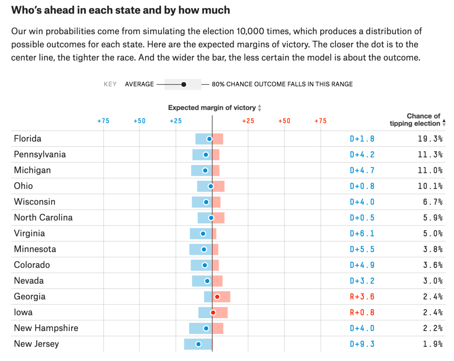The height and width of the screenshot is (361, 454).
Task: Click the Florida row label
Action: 28,139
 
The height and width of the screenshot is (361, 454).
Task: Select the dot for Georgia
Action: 217,297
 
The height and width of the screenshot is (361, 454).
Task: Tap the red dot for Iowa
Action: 213,312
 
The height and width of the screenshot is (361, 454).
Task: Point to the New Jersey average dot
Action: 198,344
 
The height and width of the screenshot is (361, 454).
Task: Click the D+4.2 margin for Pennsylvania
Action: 362,154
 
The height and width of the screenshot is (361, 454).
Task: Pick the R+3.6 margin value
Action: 362,297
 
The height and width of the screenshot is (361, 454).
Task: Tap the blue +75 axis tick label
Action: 103,121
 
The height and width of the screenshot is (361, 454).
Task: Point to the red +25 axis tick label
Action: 248,121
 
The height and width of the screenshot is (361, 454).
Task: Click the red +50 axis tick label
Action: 284,121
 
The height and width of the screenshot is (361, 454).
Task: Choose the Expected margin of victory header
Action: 212,107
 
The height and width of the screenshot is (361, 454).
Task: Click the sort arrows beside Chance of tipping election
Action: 444,122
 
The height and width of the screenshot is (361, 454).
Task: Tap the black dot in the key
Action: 184,84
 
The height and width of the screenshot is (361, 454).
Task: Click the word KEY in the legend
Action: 110,84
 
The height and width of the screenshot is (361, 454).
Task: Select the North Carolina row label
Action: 43,217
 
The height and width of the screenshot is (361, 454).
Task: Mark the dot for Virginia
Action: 203,233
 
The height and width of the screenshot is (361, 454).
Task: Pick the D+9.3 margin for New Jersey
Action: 362,344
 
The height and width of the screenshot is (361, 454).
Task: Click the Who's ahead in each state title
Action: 121,10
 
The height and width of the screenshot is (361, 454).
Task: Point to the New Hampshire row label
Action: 46,328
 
